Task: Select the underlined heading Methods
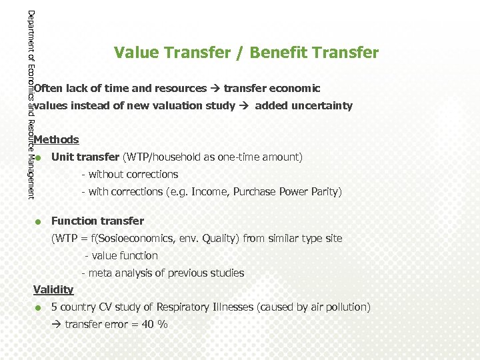pos(56,140)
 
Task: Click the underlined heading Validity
pos(53,289)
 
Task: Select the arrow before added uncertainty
pos(245,105)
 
